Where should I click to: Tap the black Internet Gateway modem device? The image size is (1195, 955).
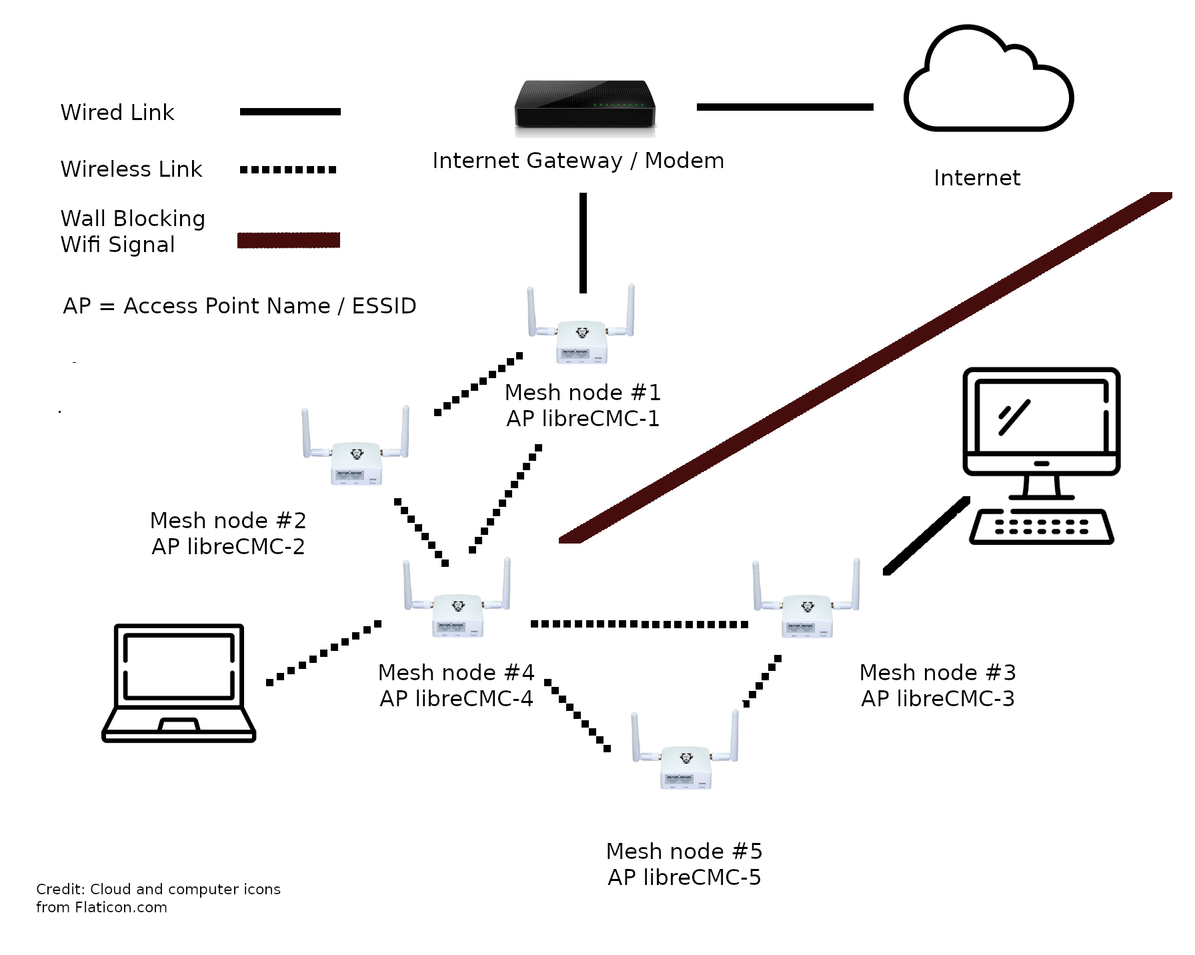pos(585,105)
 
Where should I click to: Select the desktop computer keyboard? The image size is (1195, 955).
pos(1041,527)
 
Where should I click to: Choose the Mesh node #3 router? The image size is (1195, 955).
pos(806,608)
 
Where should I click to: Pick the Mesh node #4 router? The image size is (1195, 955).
pos(457,606)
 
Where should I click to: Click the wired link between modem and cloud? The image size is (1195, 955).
pos(785,107)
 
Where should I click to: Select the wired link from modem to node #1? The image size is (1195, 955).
pos(583,243)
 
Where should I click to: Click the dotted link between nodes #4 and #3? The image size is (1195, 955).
pos(639,624)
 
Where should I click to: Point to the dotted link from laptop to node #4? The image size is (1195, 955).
pos(323,653)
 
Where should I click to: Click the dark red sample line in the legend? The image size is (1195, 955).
pos(289,240)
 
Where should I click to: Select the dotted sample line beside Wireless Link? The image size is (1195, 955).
pos(288,169)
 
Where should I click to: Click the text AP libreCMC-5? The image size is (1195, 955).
pos(684,877)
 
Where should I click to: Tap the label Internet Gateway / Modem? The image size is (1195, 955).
pos(578,161)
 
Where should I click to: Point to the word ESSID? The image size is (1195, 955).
pos(383,306)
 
